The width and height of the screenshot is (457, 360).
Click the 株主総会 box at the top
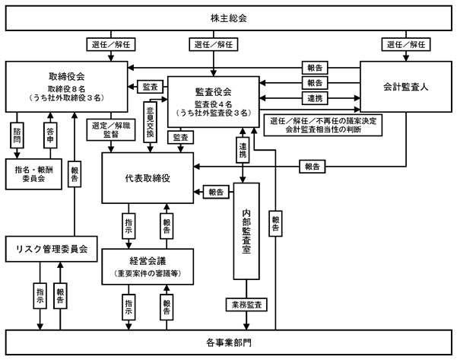(x=228, y=18)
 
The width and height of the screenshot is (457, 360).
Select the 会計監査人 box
(x=406, y=87)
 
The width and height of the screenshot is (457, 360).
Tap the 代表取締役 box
(x=148, y=178)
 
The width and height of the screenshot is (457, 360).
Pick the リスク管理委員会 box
(x=51, y=249)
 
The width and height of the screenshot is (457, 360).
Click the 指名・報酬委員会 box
(x=33, y=174)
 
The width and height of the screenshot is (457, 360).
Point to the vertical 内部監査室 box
(x=246, y=231)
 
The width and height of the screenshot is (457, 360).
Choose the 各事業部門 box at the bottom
(x=228, y=342)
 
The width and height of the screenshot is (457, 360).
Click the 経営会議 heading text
(x=148, y=261)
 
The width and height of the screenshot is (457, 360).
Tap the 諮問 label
(x=17, y=135)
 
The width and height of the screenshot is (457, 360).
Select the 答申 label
(x=50, y=135)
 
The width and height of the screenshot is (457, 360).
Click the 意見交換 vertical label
(x=150, y=122)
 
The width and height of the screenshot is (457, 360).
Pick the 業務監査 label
(x=246, y=304)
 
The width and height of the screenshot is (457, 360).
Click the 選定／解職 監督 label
(x=111, y=130)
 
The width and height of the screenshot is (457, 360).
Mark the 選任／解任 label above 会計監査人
(x=406, y=45)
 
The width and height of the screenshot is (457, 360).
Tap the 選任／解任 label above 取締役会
(x=111, y=45)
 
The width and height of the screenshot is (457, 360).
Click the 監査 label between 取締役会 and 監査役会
(x=150, y=87)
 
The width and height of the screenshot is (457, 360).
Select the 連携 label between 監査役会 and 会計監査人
(x=315, y=98)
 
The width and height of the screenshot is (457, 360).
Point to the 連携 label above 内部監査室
(x=243, y=150)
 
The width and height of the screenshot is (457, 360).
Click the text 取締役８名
(x=66, y=89)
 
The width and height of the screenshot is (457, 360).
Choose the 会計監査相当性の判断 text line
(x=323, y=129)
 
